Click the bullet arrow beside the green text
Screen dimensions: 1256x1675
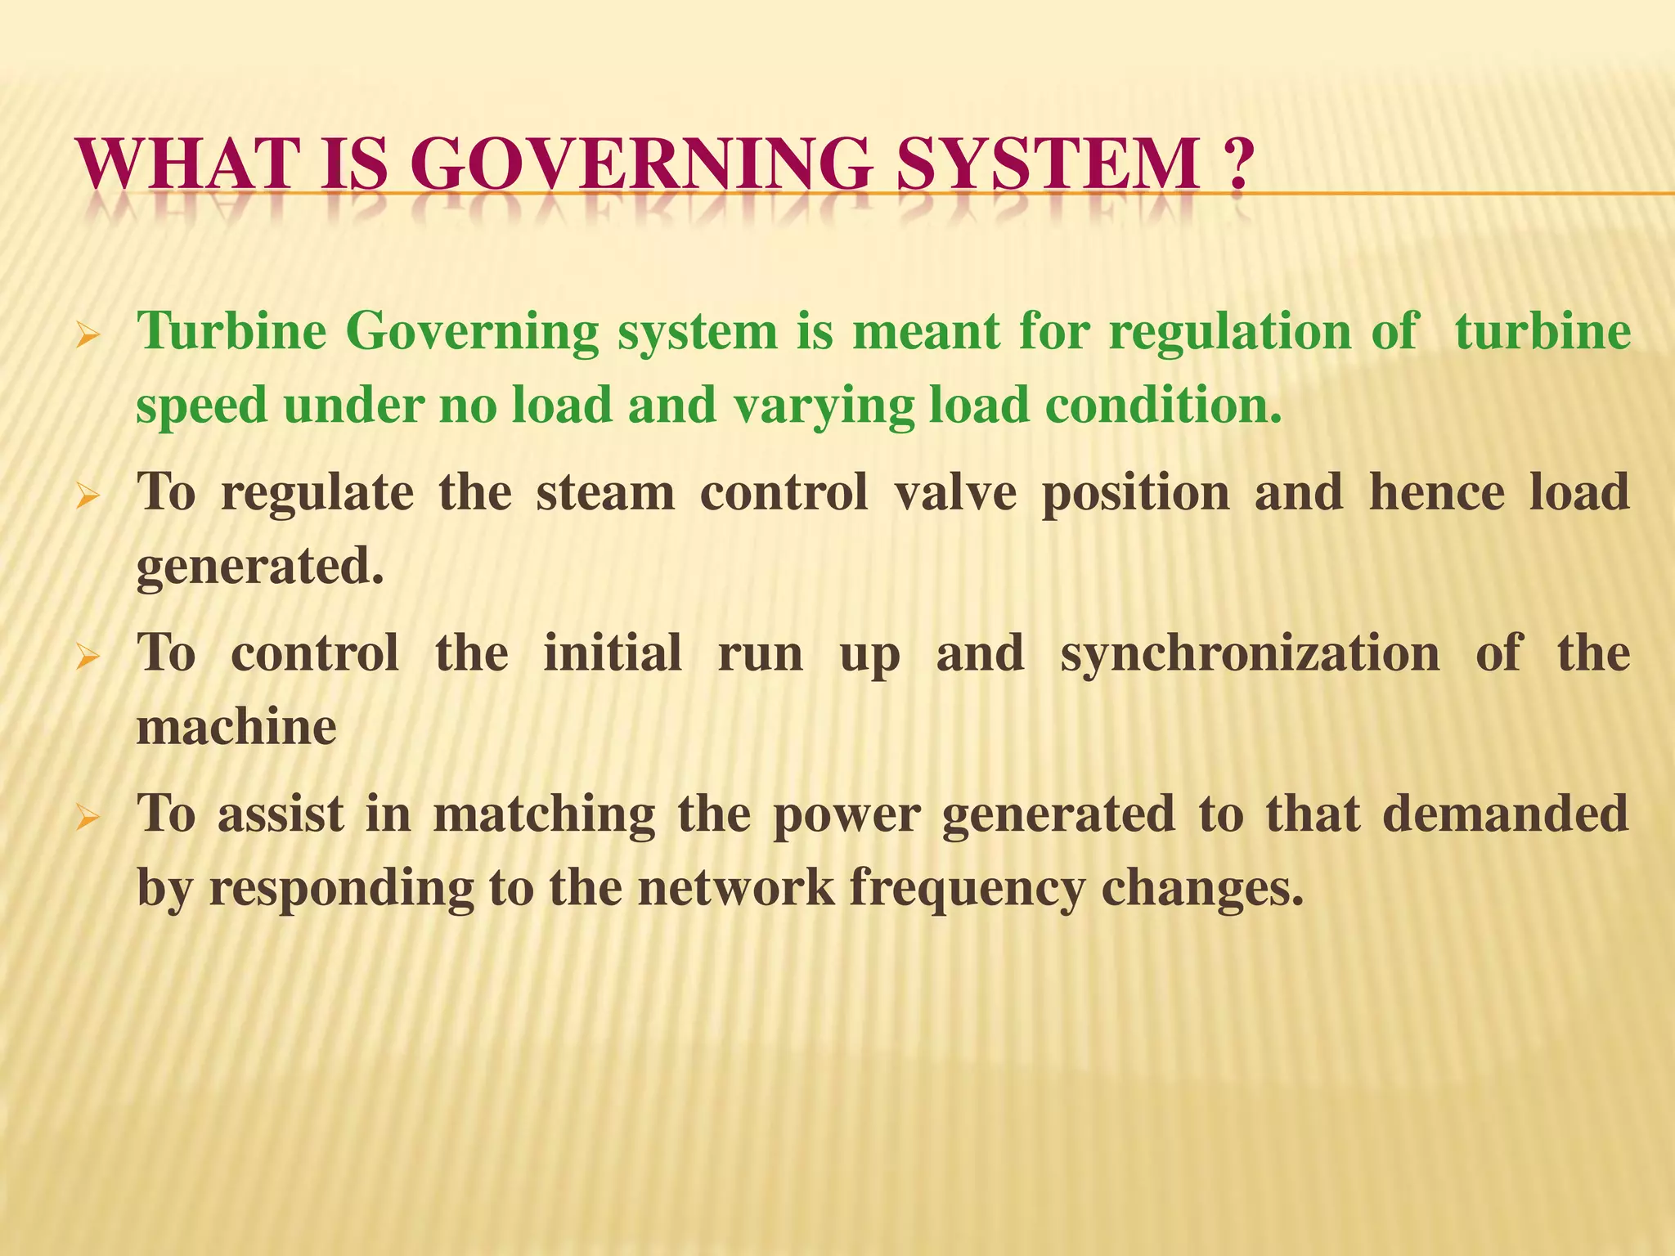[88, 335]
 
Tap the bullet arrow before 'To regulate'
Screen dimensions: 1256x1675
[88, 496]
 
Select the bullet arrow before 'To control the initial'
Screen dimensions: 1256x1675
[88, 656]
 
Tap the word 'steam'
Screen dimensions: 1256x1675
[605, 492]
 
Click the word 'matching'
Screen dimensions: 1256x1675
[544, 814]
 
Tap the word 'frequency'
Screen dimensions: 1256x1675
[967, 888]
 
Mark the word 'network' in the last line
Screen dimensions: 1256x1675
[736, 886]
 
